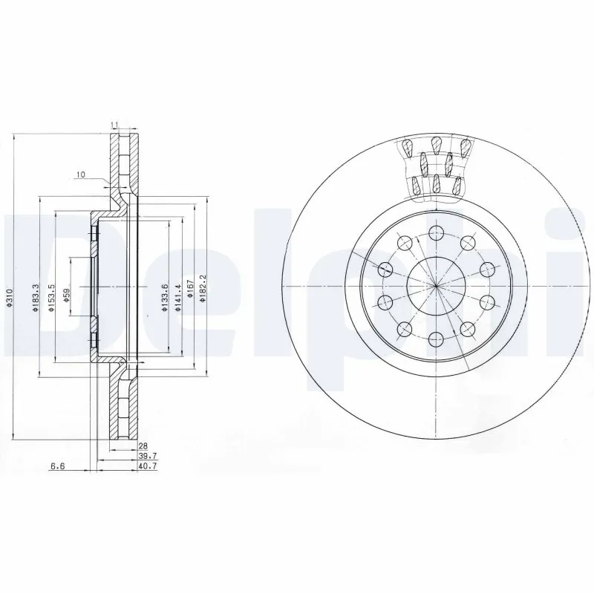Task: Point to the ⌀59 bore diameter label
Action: tap(67, 298)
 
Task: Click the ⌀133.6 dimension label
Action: tap(166, 298)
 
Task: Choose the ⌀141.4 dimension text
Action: tap(178, 298)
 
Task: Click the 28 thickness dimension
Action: tap(143, 446)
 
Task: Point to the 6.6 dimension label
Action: tap(57, 467)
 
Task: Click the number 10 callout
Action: tap(80, 174)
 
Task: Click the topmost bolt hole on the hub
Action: tap(435, 233)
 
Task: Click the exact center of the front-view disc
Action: tap(435, 286)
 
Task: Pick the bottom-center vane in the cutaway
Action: tap(437, 184)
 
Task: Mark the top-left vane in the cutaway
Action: tap(407, 149)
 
